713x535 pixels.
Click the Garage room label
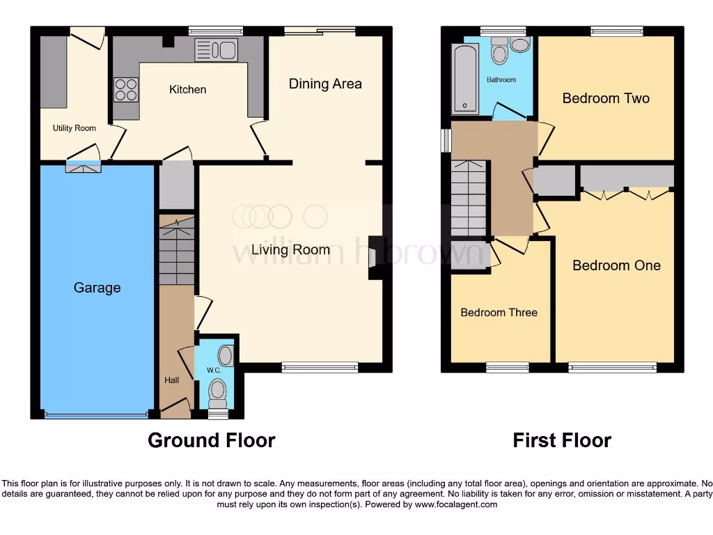[97, 288]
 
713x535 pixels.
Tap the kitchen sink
[216, 49]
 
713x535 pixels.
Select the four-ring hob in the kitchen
[126, 90]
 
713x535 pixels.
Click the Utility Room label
[75, 128]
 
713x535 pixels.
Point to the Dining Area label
[325, 84]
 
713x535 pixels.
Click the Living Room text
[290, 250]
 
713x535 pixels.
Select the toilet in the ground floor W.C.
[218, 391]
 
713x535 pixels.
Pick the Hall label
[171, 380]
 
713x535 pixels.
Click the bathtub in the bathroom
[464, 79]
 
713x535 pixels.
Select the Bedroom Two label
[606, 98]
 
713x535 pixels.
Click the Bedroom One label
[616, 265]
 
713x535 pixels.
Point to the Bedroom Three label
[499, 313]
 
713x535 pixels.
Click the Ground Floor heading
[211, 440]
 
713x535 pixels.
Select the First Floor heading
[562, 440]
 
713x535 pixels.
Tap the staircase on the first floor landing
[468, 199]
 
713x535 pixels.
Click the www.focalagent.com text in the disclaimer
[455, 504]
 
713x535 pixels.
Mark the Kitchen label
[188, 90]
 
